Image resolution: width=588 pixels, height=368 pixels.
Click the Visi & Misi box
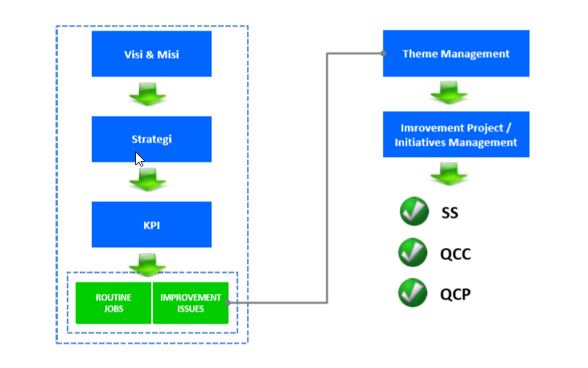point(151,54)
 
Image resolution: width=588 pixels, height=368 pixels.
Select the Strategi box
point(151,139)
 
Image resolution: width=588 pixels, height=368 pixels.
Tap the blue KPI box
point(151,225)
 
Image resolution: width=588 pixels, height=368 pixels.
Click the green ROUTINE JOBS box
point(113,303)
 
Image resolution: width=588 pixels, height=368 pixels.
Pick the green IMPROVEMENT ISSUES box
point(191,303)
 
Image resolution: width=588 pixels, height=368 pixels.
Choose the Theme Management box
point(455,54)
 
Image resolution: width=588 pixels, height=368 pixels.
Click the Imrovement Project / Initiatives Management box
point(455,134)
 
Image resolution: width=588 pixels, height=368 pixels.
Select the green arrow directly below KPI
point(148,263)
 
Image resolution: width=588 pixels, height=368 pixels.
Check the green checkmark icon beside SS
point(413,212)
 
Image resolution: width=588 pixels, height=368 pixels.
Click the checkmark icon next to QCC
point(413,253)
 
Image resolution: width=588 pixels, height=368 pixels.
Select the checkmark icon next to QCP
point(413,293)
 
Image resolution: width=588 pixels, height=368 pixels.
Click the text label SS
point(449,214)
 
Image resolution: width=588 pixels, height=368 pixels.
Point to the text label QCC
point(455,254)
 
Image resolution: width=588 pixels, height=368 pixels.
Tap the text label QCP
point(455,295)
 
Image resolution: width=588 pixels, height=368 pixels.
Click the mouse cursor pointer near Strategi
point(139,159)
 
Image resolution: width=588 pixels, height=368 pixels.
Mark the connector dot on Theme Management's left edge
point(384,54)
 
